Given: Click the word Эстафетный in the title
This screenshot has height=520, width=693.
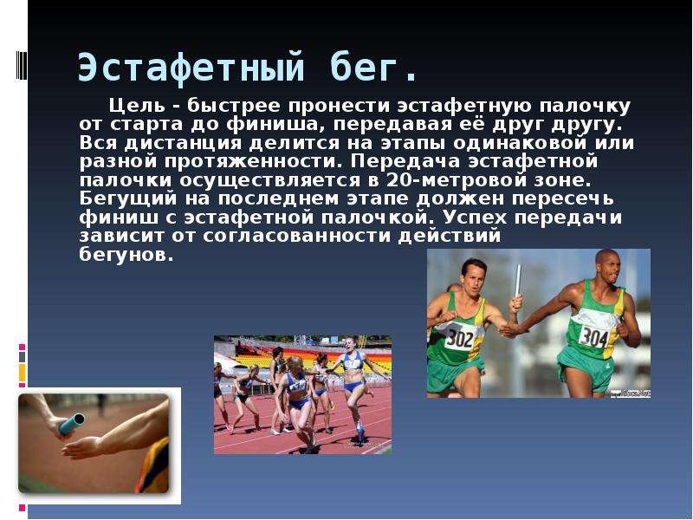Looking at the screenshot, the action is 191,68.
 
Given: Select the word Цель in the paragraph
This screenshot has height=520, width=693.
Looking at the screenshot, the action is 137,106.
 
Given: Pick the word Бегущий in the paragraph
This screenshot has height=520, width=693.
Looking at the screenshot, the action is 127,199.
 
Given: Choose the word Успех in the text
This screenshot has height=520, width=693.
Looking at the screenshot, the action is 475,218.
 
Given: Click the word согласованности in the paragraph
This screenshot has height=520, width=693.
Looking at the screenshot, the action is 297,236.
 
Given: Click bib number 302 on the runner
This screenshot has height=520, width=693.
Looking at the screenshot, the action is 460,340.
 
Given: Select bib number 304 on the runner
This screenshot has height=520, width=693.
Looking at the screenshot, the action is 593,338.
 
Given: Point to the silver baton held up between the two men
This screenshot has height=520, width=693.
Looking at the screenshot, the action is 517,283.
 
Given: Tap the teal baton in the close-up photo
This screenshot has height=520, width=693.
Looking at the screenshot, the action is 72,423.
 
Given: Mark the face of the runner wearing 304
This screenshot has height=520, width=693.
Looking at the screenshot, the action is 610,267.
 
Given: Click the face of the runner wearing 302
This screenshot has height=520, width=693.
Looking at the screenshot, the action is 474,278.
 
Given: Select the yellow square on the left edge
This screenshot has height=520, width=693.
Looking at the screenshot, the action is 23,373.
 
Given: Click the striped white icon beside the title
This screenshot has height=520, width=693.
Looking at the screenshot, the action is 22,66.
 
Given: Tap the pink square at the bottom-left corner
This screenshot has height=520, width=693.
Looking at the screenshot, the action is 23,509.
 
